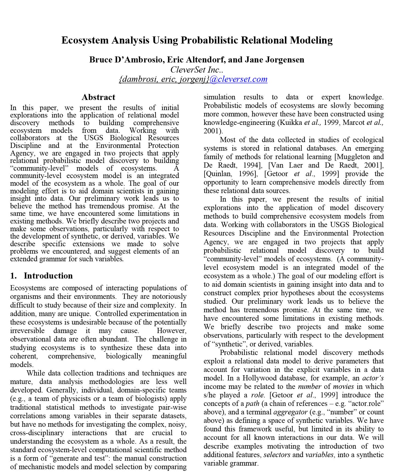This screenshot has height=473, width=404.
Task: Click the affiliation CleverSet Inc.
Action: [x=197, y=70]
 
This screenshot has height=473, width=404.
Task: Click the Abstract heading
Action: [x=98, y=97]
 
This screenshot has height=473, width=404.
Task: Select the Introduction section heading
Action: [x=48, y=276]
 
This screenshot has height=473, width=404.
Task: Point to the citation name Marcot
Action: [x=353, y=122]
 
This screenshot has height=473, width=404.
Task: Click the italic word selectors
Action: [x=276, y=455]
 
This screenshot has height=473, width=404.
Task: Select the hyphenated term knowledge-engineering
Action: [x=239, y=122]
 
